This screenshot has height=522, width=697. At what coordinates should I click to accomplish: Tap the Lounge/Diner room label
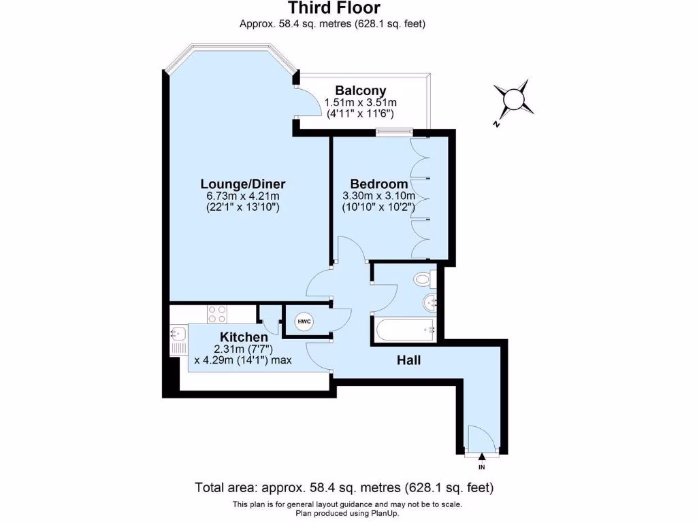pyautogui.click(x=242, y=184)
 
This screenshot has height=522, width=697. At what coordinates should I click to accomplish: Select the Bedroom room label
pyautogui.click(x=379, y=184)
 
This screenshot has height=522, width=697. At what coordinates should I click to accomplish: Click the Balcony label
pyautogui.click(x=361, y=90)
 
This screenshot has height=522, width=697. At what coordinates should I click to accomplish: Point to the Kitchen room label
pyautogui.click(x=243, y=337)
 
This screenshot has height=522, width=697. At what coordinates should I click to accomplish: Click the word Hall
pyautogui.click(x=408, y=360)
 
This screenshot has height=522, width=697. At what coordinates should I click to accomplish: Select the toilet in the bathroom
pyautogui.click(x=424, y=278)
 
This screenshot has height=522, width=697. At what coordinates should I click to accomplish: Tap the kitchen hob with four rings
pyautogui.click(x=217, y=314)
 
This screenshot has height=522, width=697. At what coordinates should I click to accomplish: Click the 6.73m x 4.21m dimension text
pyautogui.click(x=242, y=196)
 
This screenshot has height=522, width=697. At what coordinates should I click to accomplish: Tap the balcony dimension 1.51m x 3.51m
pyautogui.click(x=361, y=102)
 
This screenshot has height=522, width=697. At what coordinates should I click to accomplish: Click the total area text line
pyautogui.click(x=344, y=487)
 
